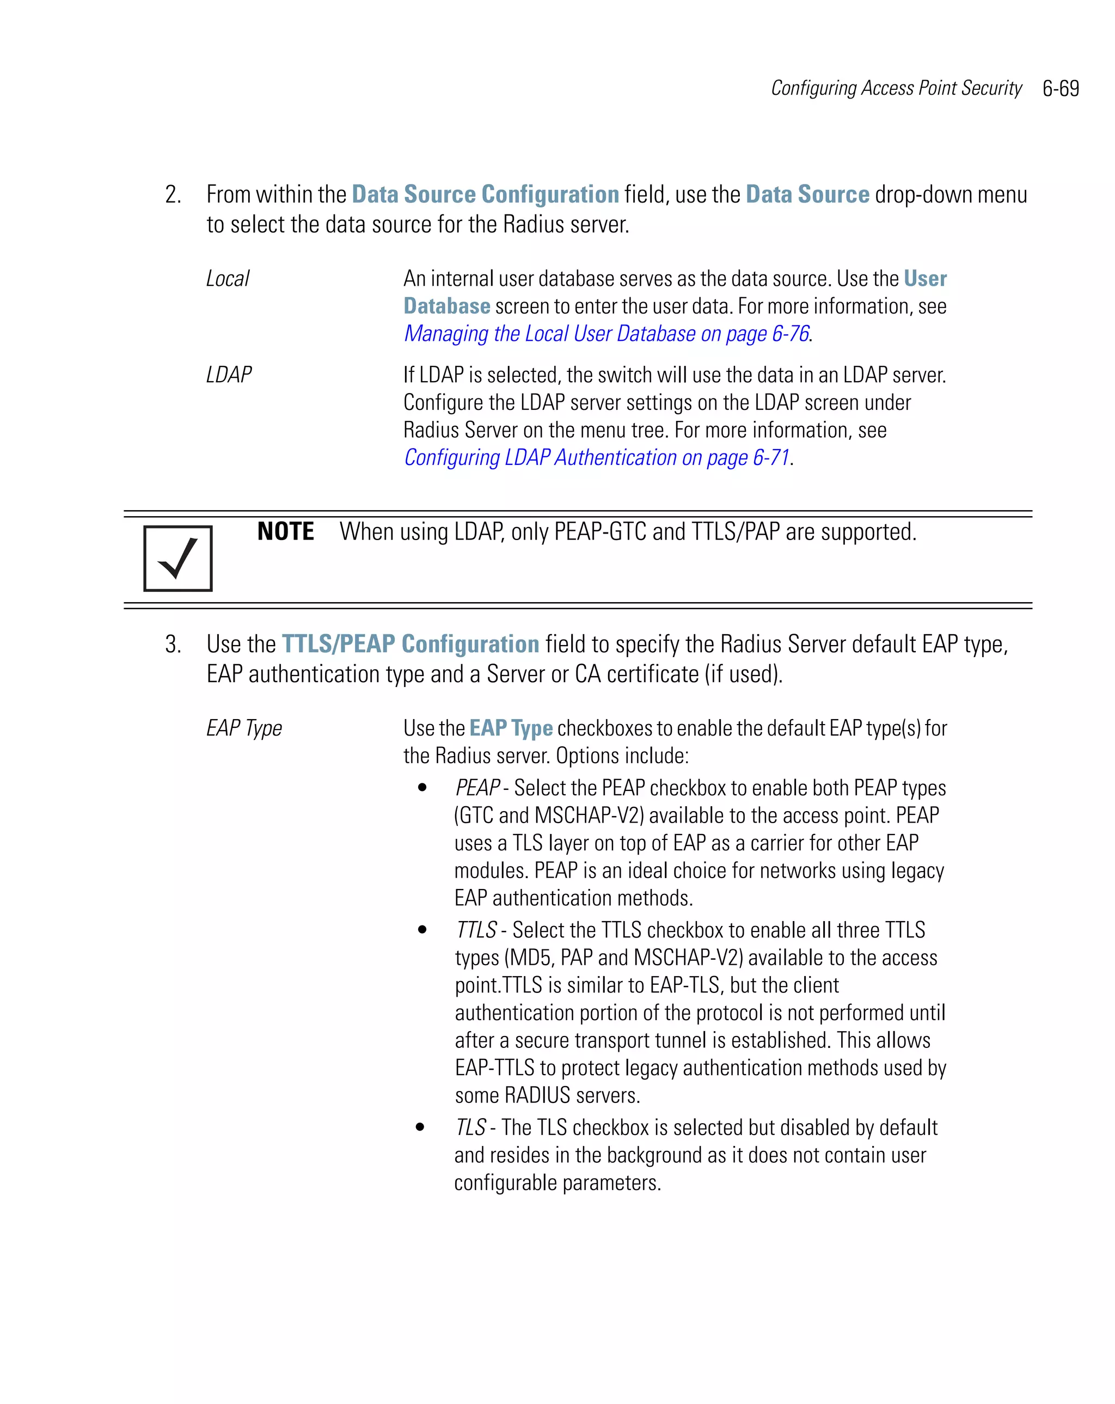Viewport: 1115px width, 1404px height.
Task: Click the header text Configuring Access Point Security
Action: (896, 88)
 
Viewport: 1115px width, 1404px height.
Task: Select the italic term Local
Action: (227, 279)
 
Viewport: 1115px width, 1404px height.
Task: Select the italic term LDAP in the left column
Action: (229, 375)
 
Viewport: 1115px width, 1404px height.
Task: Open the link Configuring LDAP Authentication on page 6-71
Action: (597, 458)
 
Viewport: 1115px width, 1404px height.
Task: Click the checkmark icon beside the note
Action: (178, 558)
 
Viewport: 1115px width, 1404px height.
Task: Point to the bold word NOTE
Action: (285, 531)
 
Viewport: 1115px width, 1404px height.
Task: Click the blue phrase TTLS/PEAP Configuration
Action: (411, 644)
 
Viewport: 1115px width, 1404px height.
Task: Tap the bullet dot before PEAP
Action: (422, 788)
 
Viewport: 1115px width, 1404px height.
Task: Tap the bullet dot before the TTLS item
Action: (422, 930)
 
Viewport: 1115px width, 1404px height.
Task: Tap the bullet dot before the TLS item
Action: (421, 1127)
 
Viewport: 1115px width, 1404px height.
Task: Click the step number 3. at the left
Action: (173, 644)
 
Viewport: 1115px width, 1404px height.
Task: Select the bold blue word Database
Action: (447, 306)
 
